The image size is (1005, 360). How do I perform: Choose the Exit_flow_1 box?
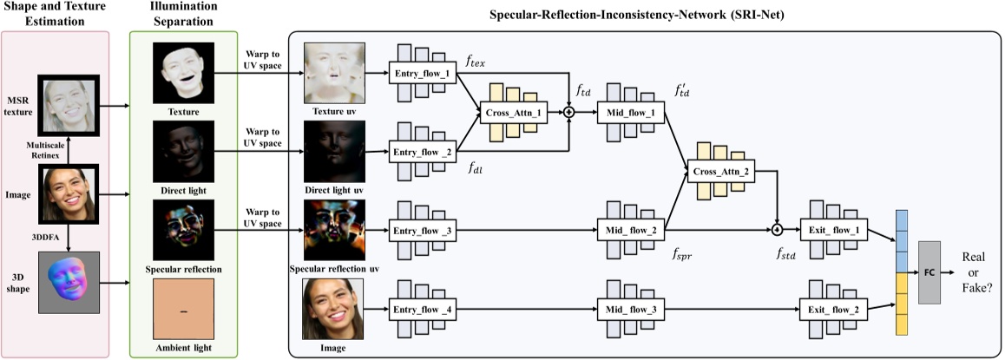[x=838, y=229]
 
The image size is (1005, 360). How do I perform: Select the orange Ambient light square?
[x=182, y=311]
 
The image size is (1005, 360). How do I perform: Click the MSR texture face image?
[x=69, y=108]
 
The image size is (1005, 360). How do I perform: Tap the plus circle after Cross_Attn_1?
[x=569, y=112]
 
